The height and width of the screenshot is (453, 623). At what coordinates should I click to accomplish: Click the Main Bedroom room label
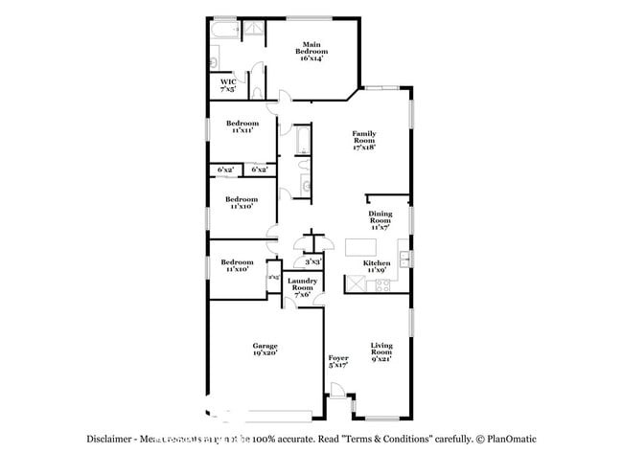pyautogui.click(x=311, y=52)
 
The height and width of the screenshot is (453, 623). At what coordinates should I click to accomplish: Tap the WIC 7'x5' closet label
pyautogui.click(x=228, y=85)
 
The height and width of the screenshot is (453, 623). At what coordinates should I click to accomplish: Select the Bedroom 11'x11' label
pyautogui.click(x=242, y=126)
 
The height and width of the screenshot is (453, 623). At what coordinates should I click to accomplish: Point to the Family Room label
pyautogui.click(x=363, y=140)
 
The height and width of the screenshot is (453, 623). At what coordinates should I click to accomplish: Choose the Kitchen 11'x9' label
pyautogui.click(x=376, y=266)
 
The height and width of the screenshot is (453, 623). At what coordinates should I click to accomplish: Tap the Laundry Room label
pyautogui.click(x=302, y=287)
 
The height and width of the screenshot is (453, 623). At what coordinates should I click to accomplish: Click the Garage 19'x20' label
pyautogui.click(x=265, y=349)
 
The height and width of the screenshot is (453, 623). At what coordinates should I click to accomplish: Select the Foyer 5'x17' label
pyautogui.click(x=338, y=360)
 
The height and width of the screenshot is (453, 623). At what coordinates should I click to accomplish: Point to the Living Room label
pyautogui.click(x=381, y=354)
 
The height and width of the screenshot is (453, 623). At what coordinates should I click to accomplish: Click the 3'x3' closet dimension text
pyautogui.click(x=312, y=261)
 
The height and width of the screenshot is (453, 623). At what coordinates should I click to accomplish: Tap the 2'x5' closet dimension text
pyautogui.click(x=273, y=278)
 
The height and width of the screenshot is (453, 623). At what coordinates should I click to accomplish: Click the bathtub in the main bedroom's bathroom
pyautogui.click(x=224, y=32)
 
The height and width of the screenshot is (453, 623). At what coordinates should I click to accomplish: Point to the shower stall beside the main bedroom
pyautogui.click(x=253, y=32)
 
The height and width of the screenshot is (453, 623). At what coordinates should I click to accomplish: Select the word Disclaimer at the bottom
pyautogui.click(x=108, y=439)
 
